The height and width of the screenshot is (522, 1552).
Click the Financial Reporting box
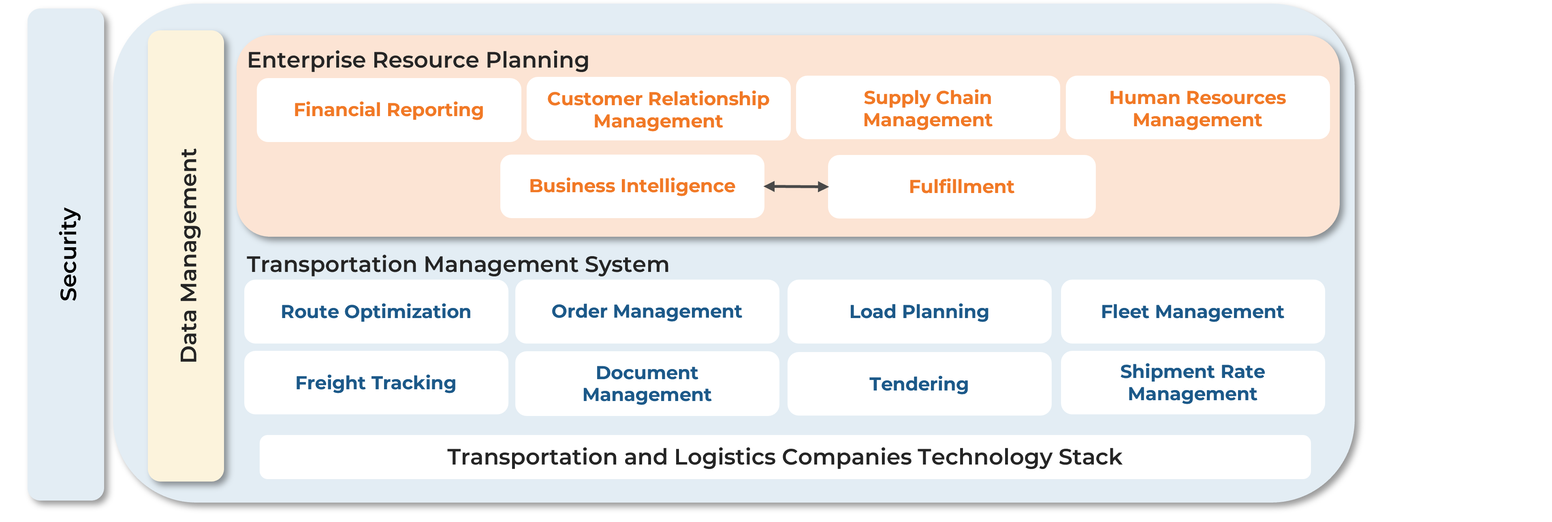coord(389,110)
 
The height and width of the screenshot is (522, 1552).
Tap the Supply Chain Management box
coord(927,108)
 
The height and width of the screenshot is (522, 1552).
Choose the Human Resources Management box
coord(1197,108)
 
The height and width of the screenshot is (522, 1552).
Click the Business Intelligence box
coord(632,186)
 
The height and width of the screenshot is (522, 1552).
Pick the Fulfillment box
coord(962,187)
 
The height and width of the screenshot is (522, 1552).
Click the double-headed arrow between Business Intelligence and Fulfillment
coord(796,187)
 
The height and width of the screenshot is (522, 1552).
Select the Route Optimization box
coord(376,311)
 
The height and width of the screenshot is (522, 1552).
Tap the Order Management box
coord(647,311)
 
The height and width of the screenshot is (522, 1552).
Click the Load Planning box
coord(919,311)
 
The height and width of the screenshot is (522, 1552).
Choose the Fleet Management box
coord(1192,311)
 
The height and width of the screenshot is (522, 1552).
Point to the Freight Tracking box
coord(376,383)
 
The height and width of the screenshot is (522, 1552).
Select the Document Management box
coord(647,384)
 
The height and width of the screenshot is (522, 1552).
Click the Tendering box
coord(919,384)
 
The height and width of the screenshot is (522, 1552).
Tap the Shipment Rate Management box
coord(1192,382)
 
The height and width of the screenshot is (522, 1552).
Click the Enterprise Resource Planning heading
coord(418,60)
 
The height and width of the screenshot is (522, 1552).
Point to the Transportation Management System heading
coord(458,264)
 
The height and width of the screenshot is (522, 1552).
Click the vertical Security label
coord(68,254)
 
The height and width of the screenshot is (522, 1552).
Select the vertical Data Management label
coord(188,255)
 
